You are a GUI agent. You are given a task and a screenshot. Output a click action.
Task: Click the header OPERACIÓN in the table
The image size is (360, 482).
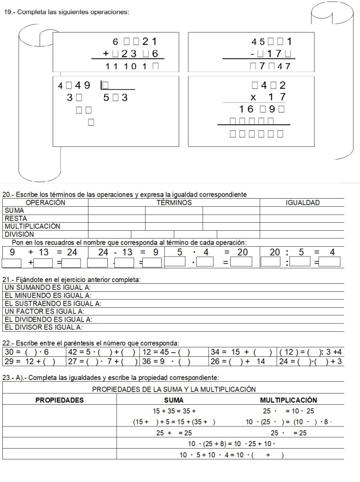pos(45,203)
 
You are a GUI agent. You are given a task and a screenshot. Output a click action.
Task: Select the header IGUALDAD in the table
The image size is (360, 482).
pos(303,203)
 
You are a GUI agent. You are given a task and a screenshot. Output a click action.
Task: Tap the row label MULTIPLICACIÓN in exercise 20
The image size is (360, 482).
pos(32,226)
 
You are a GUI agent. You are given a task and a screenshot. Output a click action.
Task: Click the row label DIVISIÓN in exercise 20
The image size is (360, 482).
pos(19,234)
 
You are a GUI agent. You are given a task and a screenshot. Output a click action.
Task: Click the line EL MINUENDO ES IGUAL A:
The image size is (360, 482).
pos(48,296)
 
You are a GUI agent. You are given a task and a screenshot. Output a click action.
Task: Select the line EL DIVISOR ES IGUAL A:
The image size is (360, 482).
pos(44,327)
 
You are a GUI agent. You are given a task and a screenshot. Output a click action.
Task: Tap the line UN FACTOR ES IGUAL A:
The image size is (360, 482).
pos(44,311)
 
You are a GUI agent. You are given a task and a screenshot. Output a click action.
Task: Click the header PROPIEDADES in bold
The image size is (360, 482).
pos(60,400)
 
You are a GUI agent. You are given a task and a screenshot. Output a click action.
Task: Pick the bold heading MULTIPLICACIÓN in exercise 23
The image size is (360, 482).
pos(288,400)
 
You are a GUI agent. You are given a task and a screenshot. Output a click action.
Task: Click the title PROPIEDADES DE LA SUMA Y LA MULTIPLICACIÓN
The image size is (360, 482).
pos(174,389)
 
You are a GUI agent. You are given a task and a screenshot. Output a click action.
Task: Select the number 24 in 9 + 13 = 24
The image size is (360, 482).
pos(72,252)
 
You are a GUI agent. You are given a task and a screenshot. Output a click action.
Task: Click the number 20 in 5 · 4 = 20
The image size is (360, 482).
pos(242,252)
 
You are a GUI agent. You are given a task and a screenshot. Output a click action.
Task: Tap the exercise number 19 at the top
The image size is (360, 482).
pos(8,12)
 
